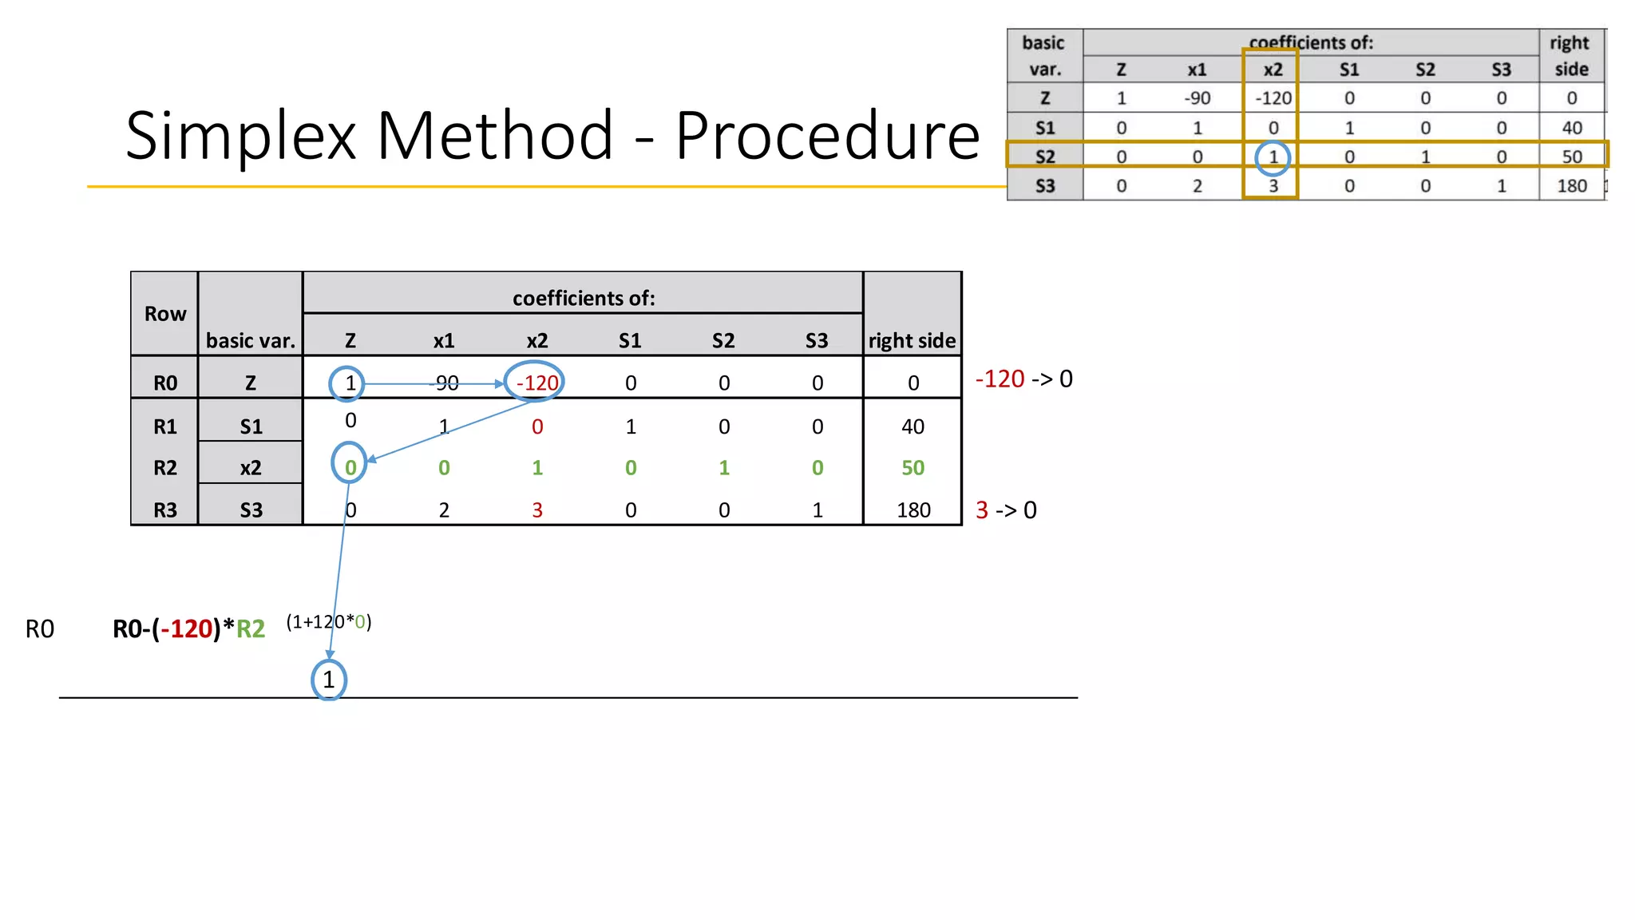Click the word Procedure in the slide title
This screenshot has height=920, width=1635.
(827, 136)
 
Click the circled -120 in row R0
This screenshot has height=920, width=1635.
(536, 383)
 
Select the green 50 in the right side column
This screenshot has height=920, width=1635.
(913, 468)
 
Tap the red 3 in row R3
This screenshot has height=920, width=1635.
(537, 510)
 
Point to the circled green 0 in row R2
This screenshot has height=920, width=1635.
(350, 467)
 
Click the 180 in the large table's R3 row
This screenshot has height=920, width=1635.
(913, 510)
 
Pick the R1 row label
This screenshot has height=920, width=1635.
(164, 426)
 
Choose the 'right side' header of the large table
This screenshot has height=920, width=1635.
(912, 341)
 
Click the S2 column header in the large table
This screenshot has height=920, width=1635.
(723, 341)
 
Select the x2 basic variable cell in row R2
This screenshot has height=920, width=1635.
(251, 468)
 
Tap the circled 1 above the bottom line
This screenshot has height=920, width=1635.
(328, 680)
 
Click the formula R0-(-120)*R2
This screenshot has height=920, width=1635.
(188, 629)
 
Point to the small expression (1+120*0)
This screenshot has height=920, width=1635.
(328, 621)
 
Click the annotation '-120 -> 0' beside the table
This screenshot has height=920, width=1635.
(1023, 379)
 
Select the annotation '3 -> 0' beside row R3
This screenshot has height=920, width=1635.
(1006, 510)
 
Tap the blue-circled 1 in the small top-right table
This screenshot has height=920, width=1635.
(1273, 157)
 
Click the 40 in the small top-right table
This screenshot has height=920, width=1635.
(1571, 128)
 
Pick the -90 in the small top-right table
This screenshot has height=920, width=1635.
(1197, 98)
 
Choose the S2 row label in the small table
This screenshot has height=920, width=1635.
(1044, 157)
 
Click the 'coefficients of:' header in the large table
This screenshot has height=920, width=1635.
(584, 298)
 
